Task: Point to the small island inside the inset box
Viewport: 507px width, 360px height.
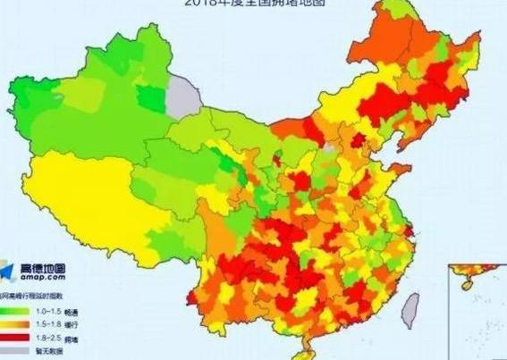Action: point(465,283)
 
